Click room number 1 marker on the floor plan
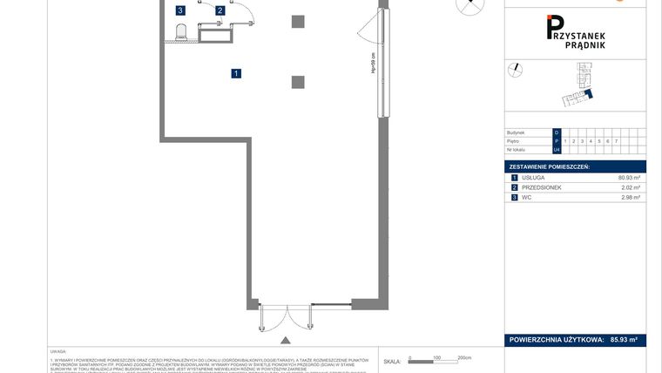click(x=236, y=73)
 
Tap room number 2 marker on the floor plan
click(x=220, y=11)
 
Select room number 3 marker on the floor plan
click(x=180, y=11)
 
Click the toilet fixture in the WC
click(x=182, y=33)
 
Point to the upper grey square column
click(x=298, y=22)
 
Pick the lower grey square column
click(x=298, y=82)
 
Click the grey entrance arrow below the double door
click(x=284, y=340)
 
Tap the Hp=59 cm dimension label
click(x=373, y=64)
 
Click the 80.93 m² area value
click(x=629, y=177)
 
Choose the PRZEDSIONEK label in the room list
click(x=542, y=187)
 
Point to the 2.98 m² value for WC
click(x=631, y=198)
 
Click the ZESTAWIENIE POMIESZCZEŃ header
click(x=550, y=166)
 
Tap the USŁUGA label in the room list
click(x=533, y=177)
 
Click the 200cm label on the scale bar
click(x=463, y=357)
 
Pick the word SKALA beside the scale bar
click(x=392, y=361)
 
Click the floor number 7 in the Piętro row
click(x=616, y=140)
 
